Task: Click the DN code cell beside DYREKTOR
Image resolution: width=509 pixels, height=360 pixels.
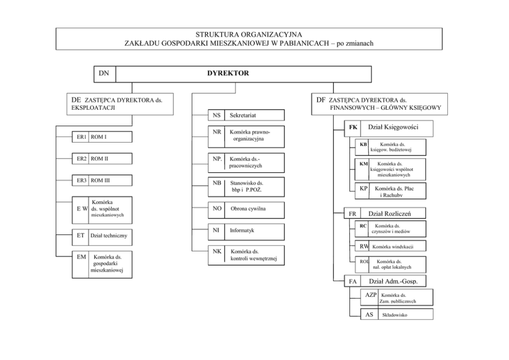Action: [105, 74]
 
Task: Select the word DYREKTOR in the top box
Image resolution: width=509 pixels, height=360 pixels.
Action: [228, 73]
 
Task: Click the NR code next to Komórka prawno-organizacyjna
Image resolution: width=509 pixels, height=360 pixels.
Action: [217, 132]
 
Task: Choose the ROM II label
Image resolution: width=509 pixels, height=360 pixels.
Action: [100, 159]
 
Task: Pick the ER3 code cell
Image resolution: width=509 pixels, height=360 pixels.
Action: [82, 181]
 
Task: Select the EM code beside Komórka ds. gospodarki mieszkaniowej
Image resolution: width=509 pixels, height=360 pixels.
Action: [81, 256]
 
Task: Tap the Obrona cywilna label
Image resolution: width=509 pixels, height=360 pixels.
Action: [248, 209]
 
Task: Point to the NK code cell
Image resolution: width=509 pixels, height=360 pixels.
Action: [217, 252]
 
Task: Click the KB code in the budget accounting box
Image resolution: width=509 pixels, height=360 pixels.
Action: [363, 145]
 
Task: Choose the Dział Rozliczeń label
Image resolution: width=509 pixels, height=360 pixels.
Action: [389, 213]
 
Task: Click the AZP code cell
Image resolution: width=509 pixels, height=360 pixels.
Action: [371, 295]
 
